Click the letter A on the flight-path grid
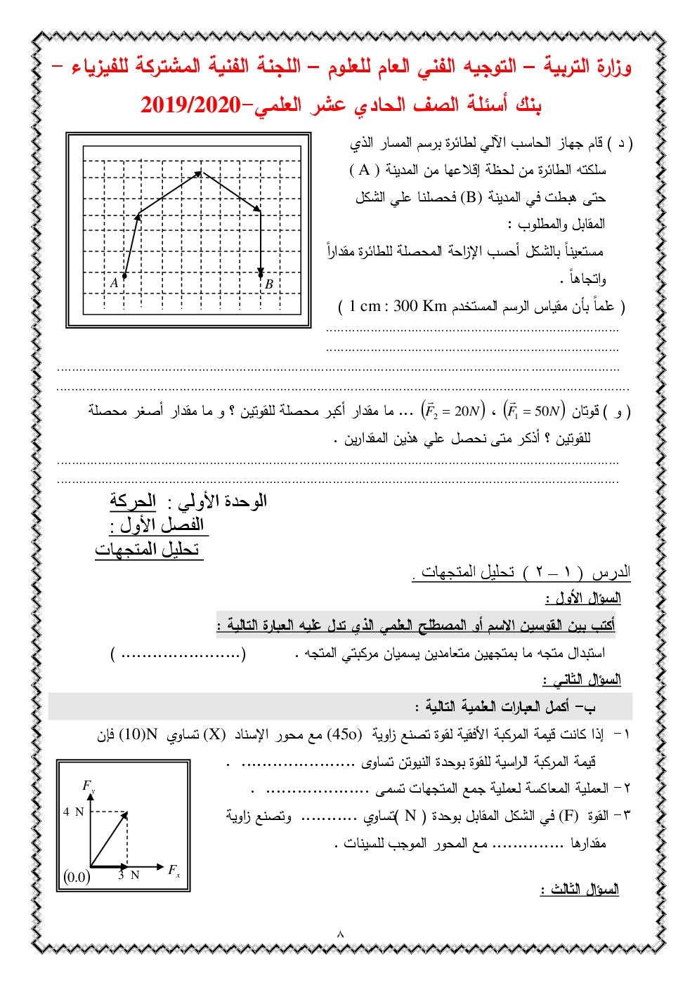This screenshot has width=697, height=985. tap(114, 283)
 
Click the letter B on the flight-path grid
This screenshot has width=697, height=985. tap(268, 284)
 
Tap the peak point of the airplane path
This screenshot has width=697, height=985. tap(200, 171)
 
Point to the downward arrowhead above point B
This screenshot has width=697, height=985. tap(261, 272)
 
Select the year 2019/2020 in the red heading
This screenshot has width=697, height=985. tap(190, 105)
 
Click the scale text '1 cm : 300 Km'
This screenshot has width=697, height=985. tap(398, 306)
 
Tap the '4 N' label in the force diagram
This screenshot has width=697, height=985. tap(73, 812)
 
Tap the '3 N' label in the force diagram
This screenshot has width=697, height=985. tap(129, 875)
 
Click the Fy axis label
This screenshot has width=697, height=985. tap(89, 786)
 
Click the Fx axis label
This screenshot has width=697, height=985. tap(174, 870)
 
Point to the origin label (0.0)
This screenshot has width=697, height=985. tap(77, 877)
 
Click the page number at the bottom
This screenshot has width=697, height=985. tap(341, 934)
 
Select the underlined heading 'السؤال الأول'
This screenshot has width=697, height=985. tap(582, 598)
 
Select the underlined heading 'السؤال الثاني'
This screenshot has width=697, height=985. tap(581, 680)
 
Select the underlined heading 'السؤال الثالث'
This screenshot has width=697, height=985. tap(580, 890)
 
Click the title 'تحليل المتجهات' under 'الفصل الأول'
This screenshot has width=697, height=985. tap(148, 550)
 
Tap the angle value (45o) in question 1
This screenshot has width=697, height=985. tap(345, 734)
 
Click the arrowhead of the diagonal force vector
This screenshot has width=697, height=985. tap(125, 815)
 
